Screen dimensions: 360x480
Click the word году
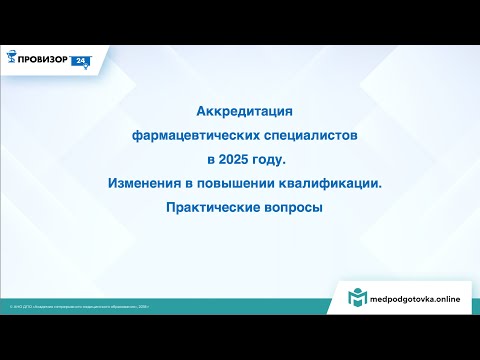(x=272, y=158)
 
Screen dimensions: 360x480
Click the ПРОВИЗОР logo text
(x=45, y=59)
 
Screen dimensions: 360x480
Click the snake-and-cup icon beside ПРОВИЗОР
(x=12, y=59)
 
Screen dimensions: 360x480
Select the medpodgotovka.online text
(x=414, y=299)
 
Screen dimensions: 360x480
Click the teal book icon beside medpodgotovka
(x=356, y=298)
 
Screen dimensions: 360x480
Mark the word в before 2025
(x=211, y=158)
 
